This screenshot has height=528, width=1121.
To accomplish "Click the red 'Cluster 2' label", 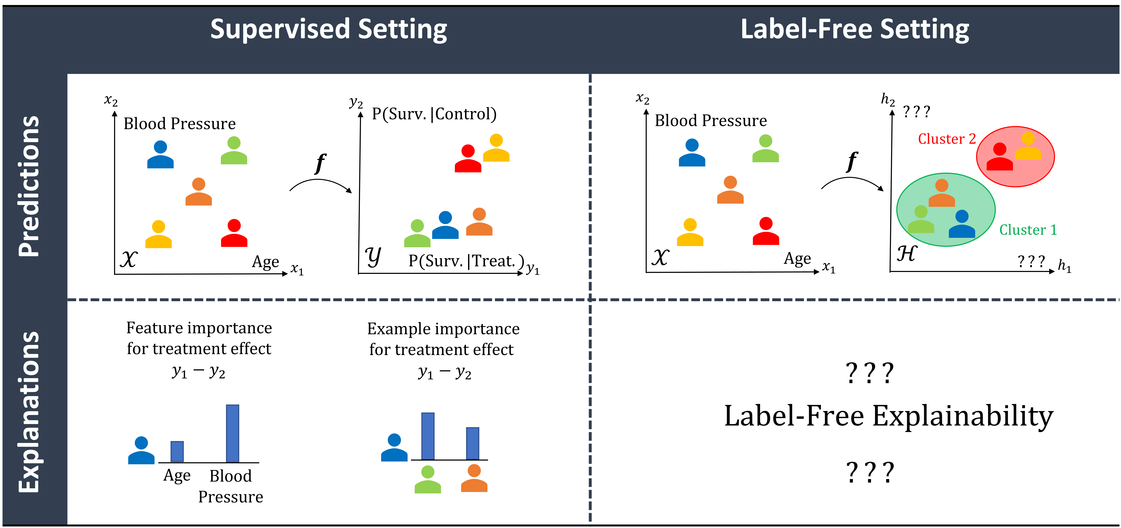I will pyautogui.click(x=946, y=139).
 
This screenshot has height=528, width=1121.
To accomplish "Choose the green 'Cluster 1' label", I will pyautogui.click(x=1028, y=230).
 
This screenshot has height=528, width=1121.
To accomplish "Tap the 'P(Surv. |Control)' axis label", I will pyautogui.click(x=434, y=114).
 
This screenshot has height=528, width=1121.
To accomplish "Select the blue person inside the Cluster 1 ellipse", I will pyautogui.click(x=962, y=224).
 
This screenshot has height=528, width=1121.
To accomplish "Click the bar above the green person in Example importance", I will pyautogui.click(x=428, y=436).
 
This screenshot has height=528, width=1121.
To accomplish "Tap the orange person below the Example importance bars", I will pyautogui.click(x=474, y=478).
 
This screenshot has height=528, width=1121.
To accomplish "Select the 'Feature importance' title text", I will pyautogui.click(x=199, y=328).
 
